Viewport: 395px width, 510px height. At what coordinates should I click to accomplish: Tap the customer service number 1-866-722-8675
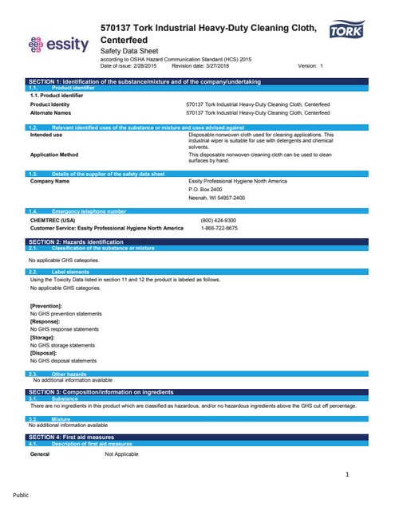(x=219, y=228)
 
